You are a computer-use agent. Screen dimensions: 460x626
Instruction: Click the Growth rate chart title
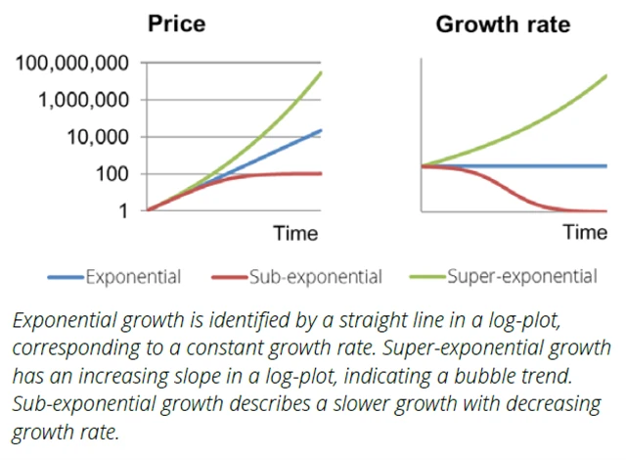502,23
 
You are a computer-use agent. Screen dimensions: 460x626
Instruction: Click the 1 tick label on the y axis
125,209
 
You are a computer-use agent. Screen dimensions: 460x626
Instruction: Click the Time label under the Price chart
295,233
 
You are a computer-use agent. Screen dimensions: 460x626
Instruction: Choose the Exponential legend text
132,277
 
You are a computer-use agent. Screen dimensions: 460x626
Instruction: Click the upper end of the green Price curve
322,73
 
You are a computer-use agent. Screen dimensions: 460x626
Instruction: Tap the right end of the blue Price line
322,130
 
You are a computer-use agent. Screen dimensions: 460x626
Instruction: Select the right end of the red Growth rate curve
605,210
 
